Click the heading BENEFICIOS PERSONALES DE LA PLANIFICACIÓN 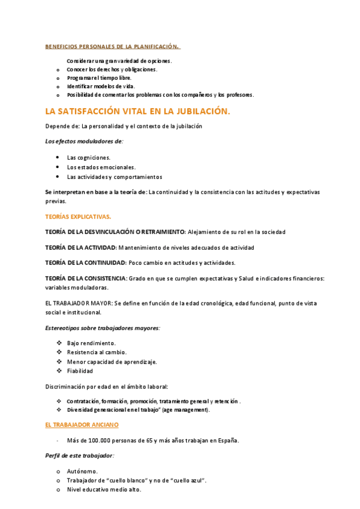click(x=112, y=46)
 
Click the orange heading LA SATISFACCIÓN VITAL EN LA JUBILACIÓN click(x=137, y=111)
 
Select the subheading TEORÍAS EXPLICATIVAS click(x=78, y=216)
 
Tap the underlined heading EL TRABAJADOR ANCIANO click(x=82, y=424)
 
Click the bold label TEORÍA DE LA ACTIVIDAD click(x=80, y=247)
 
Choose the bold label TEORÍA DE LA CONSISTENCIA click(x=86, y=278)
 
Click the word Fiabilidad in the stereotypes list click(x=80, y=371)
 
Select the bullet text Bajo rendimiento click(x=91, y=343)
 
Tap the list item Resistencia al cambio click(x=97, y=352)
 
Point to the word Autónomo click(x=82, y=471)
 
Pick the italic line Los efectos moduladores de click(x=84, y=142)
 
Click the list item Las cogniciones click(x=89, y=157)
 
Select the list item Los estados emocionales click(x=101, y=167)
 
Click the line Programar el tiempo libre click(x=99, y=78)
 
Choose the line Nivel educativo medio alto click(x=104, y=490)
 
